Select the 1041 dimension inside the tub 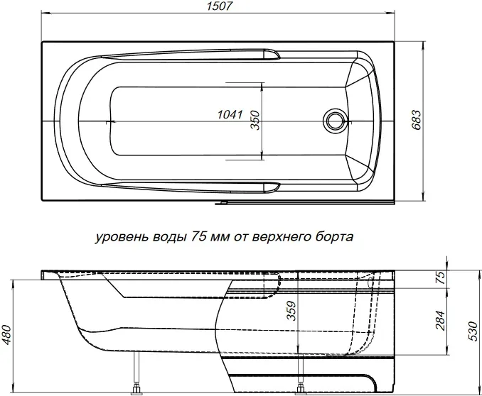pos(230,114)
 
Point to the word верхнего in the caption pos(283,236)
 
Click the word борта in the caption pos(335,236)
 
